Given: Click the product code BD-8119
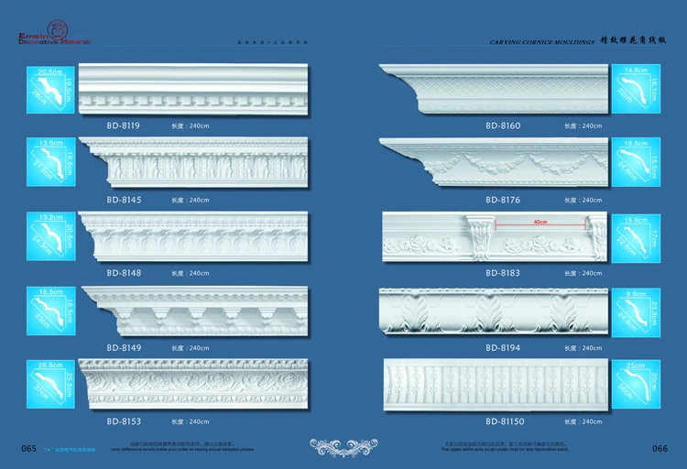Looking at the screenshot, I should point(123,125).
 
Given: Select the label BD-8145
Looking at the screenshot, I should point(123,200).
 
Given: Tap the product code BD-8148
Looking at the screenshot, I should point(123,273).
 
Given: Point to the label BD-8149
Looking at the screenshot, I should point(123,348).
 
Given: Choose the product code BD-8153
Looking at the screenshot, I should point(123,421).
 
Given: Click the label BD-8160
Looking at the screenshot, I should point(503,125).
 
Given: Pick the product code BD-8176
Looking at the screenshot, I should point(503,200).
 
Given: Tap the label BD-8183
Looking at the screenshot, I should point(503,273).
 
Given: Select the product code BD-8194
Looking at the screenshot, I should point(503,348).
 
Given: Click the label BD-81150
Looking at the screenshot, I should point(505,421).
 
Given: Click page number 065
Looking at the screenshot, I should point(28,448).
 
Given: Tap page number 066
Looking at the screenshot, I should point(659,448).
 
